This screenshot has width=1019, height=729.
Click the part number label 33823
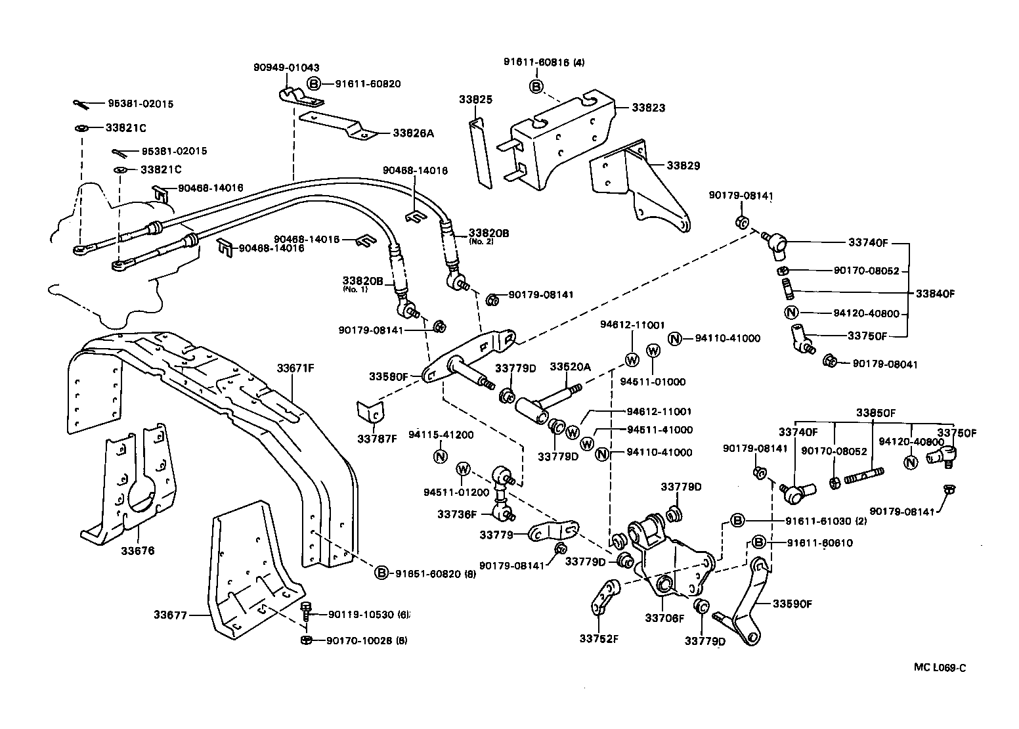[648, 108]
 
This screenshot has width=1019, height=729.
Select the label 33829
[683, 166]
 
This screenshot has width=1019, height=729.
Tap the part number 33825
[475, 100]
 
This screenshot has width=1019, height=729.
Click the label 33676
[137, 551]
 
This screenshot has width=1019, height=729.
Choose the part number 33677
[171, 615]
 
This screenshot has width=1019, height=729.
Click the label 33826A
[413, 133]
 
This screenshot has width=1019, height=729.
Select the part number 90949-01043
[286, 68]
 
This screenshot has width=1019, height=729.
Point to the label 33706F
[664, 618]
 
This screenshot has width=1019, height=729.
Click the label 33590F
[792, 603]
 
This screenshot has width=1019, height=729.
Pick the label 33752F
[598, 638]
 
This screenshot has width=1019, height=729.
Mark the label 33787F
[378, 438]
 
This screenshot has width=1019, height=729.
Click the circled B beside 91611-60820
[314, 84]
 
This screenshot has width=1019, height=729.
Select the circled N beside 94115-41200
[440, 456]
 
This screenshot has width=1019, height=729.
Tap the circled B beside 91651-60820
[381, 573]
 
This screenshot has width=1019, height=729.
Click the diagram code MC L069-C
[940, 668]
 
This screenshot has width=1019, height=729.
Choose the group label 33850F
[876, 413]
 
